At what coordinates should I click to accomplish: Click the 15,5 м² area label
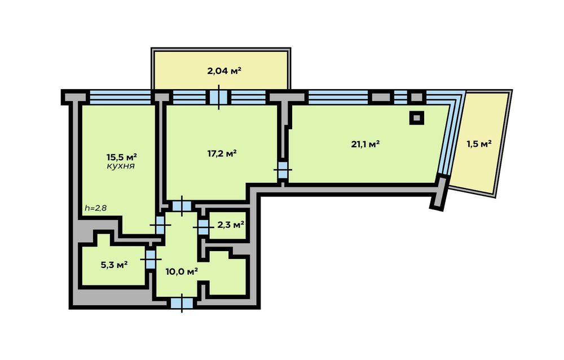click(x=122, y=157)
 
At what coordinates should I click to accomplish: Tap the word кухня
click(x=121, y=166)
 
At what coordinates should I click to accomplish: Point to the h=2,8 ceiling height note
click(x=96, y=208)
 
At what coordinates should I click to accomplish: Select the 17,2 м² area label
click(x=222, y=153)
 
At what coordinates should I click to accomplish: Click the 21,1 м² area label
click(x=365, y=144)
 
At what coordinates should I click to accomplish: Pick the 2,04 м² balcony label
click(x=224, y=71)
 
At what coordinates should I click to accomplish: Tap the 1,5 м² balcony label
click(x=479, y=144)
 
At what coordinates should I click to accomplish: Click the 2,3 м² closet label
click(x=231, y=225)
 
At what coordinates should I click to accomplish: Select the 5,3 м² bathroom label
click(x=114, y=265)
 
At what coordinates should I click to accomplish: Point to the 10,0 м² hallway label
click(x=182, y=271)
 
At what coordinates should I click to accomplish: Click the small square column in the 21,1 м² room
click(x=417, y=118)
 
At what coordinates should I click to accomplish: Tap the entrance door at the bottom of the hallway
click(x=182, y=303)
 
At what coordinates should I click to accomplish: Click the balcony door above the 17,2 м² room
click(x=219, y=97)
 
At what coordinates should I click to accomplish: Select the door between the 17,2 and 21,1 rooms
click(x=283, y=169)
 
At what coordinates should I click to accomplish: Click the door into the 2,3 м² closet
click(x=203, y=227)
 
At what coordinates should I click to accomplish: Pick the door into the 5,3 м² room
click(x=151, y=259)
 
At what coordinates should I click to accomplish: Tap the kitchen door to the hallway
click(x=160, y=225)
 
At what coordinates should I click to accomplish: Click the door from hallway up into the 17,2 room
click(x=182, y=206)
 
